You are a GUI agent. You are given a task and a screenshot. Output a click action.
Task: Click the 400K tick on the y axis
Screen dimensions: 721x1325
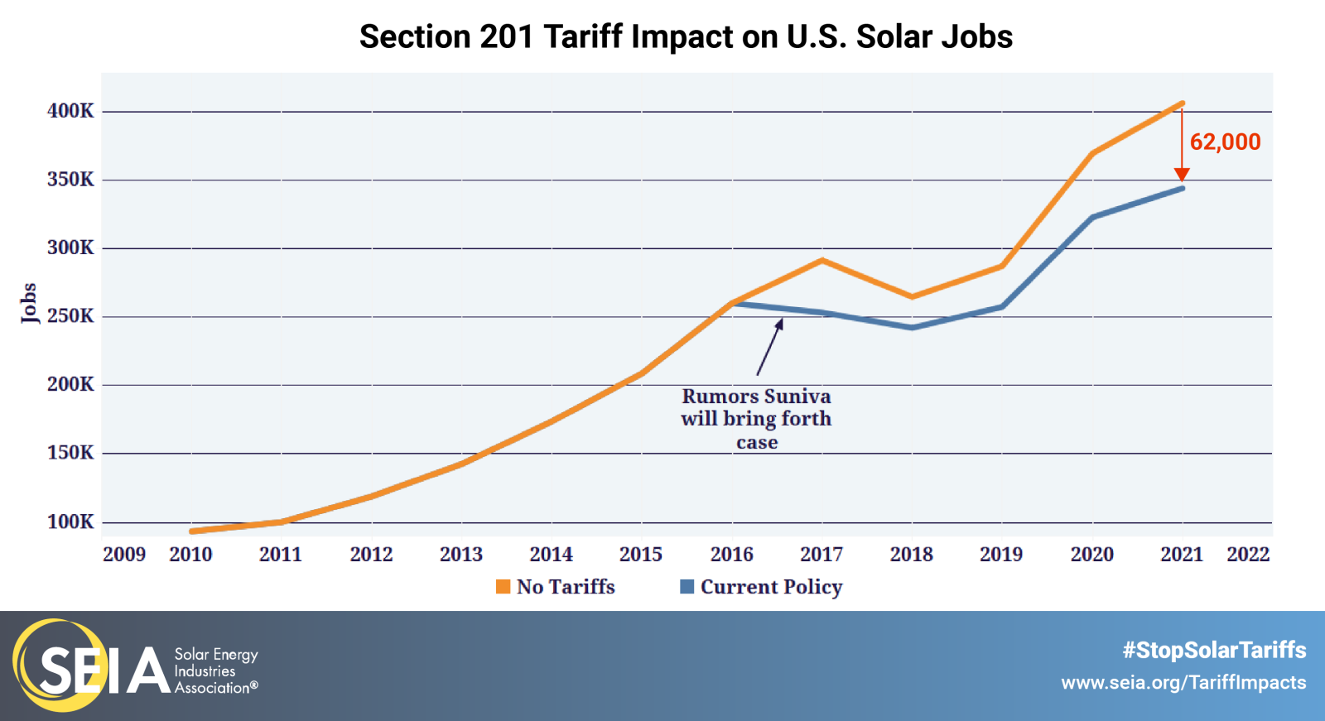70,111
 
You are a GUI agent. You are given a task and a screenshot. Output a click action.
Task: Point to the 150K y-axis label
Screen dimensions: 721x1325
70,453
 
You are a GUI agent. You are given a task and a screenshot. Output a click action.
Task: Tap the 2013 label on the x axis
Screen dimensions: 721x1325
461,555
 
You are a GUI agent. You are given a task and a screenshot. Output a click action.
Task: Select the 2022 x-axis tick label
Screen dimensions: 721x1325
1248,555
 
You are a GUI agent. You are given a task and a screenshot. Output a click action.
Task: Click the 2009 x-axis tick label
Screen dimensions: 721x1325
124,555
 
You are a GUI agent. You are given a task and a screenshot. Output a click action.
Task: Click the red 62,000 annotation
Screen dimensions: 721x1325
1225,142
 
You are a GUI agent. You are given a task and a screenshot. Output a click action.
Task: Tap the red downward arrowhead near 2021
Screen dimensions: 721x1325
1182,175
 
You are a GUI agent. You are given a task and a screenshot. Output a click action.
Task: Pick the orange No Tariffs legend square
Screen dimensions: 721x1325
503,587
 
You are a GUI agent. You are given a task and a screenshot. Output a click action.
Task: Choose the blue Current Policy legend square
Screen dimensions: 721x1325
687,587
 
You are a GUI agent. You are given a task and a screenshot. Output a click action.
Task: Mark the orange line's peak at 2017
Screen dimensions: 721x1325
821,260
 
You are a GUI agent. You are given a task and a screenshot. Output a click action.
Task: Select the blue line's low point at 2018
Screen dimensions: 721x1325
912,328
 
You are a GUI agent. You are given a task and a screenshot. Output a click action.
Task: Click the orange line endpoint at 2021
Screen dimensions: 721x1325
1182,103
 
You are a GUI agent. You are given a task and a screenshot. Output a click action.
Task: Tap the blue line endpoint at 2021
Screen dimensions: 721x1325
1182,189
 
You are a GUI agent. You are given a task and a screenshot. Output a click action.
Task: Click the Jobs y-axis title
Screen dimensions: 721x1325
29,302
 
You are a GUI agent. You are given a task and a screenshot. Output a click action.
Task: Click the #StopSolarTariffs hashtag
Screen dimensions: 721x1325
1214,650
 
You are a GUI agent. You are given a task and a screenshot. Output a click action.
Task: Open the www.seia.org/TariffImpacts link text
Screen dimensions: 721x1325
1183,683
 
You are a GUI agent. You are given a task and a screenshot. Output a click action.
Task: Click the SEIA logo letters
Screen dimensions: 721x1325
104,669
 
